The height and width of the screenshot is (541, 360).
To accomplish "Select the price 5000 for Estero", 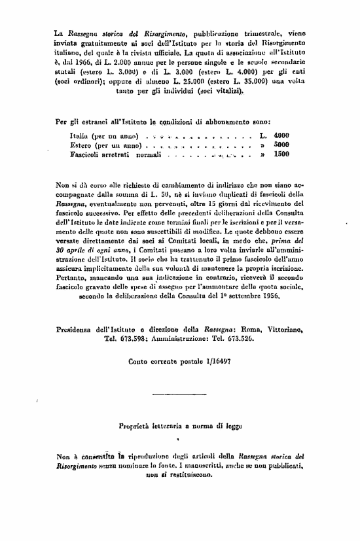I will coord(281,145).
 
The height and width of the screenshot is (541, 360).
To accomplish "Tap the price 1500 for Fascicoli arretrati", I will coord(281,155).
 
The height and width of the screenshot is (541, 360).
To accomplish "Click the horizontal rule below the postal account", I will coord(177,394).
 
